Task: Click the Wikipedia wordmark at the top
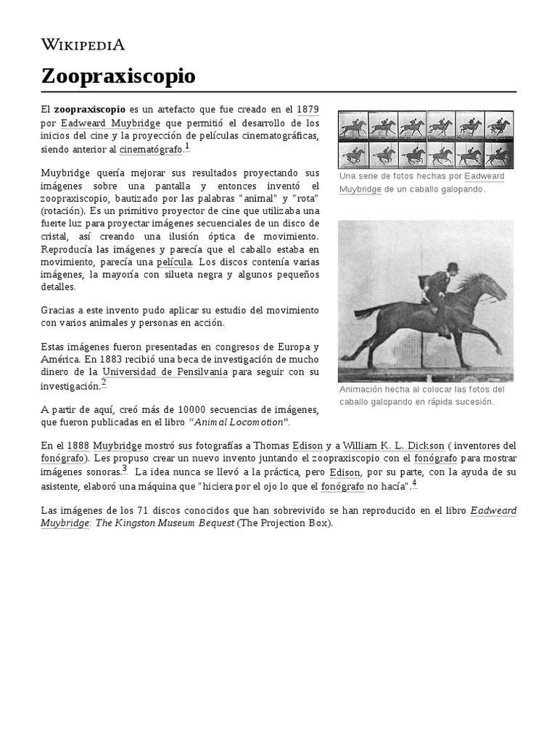tap(83, 44)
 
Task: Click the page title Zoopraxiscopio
tap(117, 75)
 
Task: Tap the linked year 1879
tap(308, 109)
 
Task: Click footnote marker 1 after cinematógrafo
tap(187, 146)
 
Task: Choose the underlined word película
tap(174, 261)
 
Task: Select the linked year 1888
tap(78, 445)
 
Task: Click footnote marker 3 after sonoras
tap(124, 468)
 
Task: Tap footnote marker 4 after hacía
tap(413, 483)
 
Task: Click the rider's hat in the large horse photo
tap(453, 267)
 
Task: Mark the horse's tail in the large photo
tap(368, 313)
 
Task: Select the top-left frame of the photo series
tap(353, 125)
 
